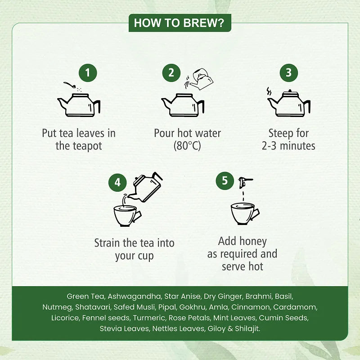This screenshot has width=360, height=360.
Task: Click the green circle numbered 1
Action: tap(88, 73)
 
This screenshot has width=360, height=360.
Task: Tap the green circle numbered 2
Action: tap(171, 73)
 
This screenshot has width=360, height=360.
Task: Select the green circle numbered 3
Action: tap(288, 73)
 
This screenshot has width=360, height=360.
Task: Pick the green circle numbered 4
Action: tap(117, 183)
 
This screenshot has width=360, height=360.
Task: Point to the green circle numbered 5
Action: tap(225, 181)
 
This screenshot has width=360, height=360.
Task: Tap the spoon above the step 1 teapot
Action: tap(70, 85)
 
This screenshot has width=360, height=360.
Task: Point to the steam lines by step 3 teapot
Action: tap(269, 91)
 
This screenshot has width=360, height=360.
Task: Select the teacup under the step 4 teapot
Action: tap(127, 216)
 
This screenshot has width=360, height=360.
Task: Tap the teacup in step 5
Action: tap(244, 214)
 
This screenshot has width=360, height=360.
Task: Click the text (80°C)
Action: tap(187, 146)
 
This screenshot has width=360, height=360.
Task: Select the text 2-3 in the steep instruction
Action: tap(269, 146)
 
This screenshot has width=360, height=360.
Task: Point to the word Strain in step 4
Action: tap(107, 243)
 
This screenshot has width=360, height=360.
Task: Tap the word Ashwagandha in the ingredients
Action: tap(135, 297)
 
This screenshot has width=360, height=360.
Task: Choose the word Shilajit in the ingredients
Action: tap(247, 329)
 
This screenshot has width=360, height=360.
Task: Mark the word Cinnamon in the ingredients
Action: tap(251, 307)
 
